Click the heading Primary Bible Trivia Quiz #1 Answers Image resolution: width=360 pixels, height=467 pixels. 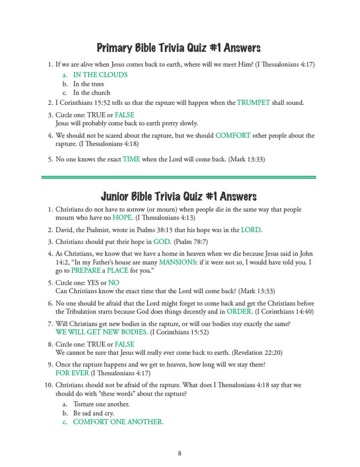[x=179, y=47]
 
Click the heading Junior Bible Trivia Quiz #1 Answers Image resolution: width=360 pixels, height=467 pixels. [x=179, y=196]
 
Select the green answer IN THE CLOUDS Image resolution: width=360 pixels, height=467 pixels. [x=100, y=75]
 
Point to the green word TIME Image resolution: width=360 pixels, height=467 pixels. [x=131, y=159]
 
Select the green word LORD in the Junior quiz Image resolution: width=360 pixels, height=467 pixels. [x=251, y=230]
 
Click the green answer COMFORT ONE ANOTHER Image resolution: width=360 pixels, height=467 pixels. [x=118, y=422]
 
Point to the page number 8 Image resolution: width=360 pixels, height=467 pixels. [x=179, y=453]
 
